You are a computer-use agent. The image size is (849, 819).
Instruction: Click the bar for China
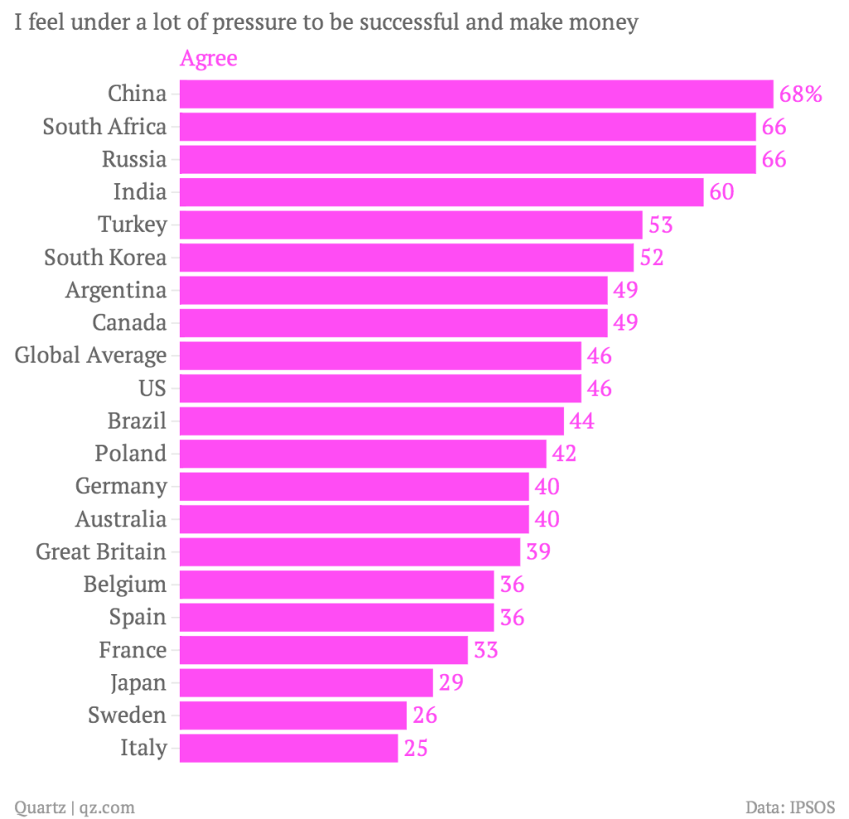pos(476,94)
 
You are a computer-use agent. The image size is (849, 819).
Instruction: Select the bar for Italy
pos(289,749)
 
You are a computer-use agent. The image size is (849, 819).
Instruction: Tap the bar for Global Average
pos(380,356)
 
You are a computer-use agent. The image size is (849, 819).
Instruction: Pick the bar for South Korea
pos(406,258)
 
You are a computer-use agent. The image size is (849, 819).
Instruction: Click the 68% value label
pos(800,94)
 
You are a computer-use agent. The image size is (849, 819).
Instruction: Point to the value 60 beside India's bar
pos(721,192)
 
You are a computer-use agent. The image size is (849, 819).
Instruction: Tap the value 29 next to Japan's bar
pos(450,683)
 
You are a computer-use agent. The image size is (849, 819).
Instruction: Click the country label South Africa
pos(104,127)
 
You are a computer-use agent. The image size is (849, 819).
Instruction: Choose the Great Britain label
pos(101,552)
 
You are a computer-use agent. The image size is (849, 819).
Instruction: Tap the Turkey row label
pos(133,225)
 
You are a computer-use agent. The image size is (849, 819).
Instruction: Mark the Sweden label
pos(127,715)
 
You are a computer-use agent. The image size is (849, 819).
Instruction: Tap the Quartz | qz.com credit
pos(75,807)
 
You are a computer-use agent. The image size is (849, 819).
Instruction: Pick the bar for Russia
pos(468,159)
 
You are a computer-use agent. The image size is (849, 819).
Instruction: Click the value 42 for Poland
pos(564,453)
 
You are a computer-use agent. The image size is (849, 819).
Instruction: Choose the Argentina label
pos(116,290)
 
